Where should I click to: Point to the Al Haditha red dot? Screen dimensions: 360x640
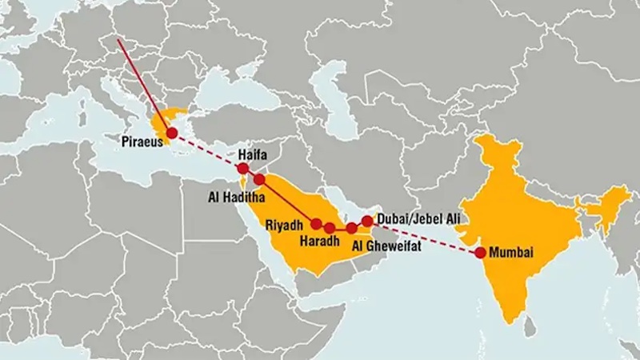(258, 179)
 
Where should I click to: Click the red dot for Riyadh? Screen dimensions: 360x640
(316, 223)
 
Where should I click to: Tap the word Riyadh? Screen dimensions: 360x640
(284, 225)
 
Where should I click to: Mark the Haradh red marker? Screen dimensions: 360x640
(330, 228)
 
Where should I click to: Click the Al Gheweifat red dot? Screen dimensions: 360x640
(352, 228)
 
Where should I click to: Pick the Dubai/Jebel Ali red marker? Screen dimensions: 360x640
(367, 219)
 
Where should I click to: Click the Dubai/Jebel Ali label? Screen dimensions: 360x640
(417, 218)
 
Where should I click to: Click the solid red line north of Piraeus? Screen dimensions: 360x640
(144, 83)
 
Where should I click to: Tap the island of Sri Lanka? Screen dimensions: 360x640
(529, 323)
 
